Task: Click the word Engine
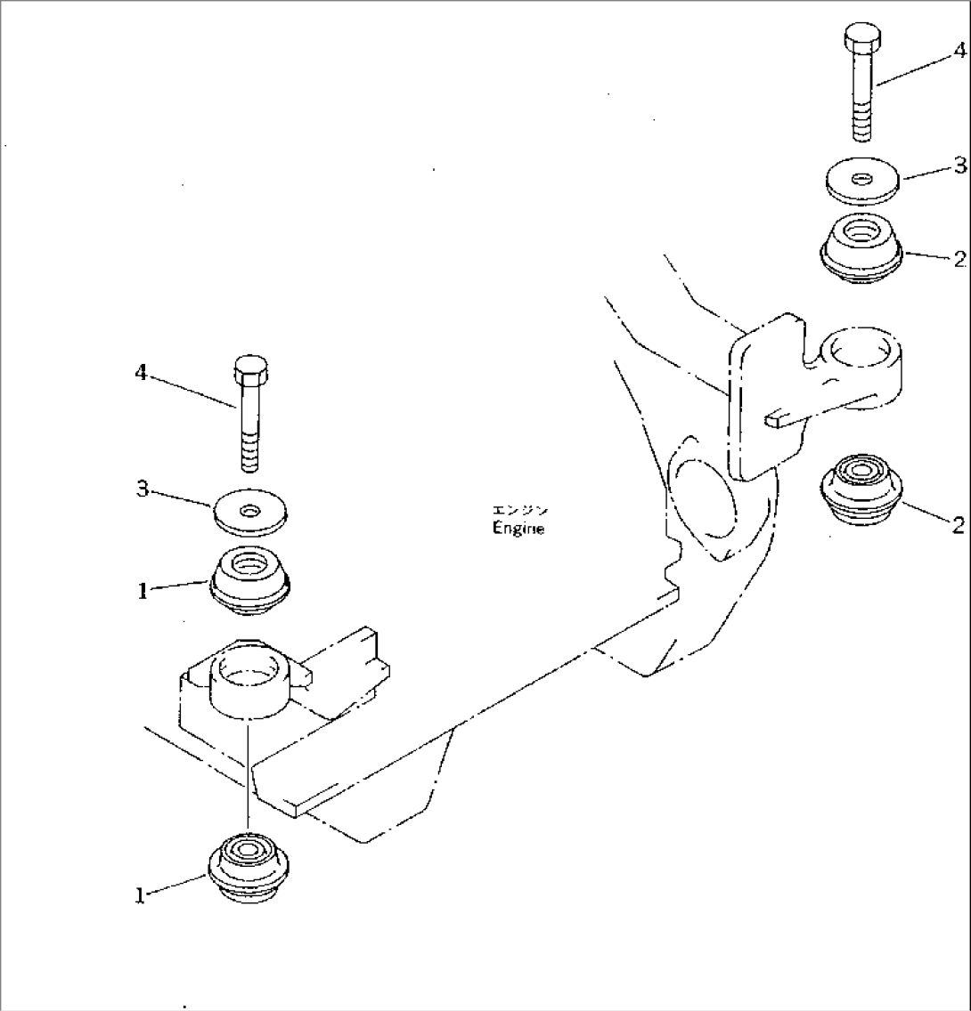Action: [x=518, y=528]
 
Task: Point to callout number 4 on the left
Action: [x=141, y=373]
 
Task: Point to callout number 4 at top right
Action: [x=959, y=51]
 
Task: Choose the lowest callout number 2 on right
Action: [x=958, y=525]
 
